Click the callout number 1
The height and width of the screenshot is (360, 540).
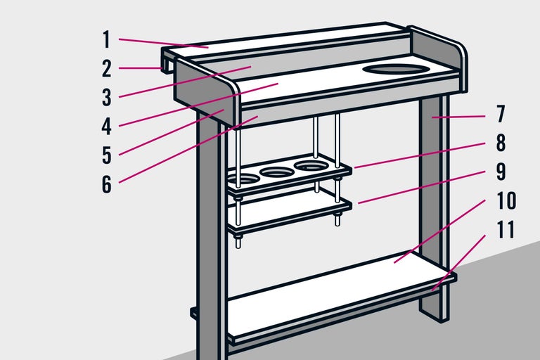coord(106,39)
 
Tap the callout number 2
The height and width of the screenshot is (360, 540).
coord(106,68)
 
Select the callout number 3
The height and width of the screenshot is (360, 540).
coord(106,97)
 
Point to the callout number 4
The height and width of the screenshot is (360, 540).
coord(106,126)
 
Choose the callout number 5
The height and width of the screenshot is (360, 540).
coord(106,155)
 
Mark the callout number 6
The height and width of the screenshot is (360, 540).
coord(106,184)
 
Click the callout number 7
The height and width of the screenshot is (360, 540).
coord(501,113)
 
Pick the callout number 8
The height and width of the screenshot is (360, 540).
coord(501,142)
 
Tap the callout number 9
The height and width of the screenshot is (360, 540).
coord(501,171)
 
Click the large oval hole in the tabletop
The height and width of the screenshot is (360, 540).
coord(397,69)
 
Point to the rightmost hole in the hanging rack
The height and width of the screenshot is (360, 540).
coord(311,166)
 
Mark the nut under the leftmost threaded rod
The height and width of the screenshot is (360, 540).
coord(238,243)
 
